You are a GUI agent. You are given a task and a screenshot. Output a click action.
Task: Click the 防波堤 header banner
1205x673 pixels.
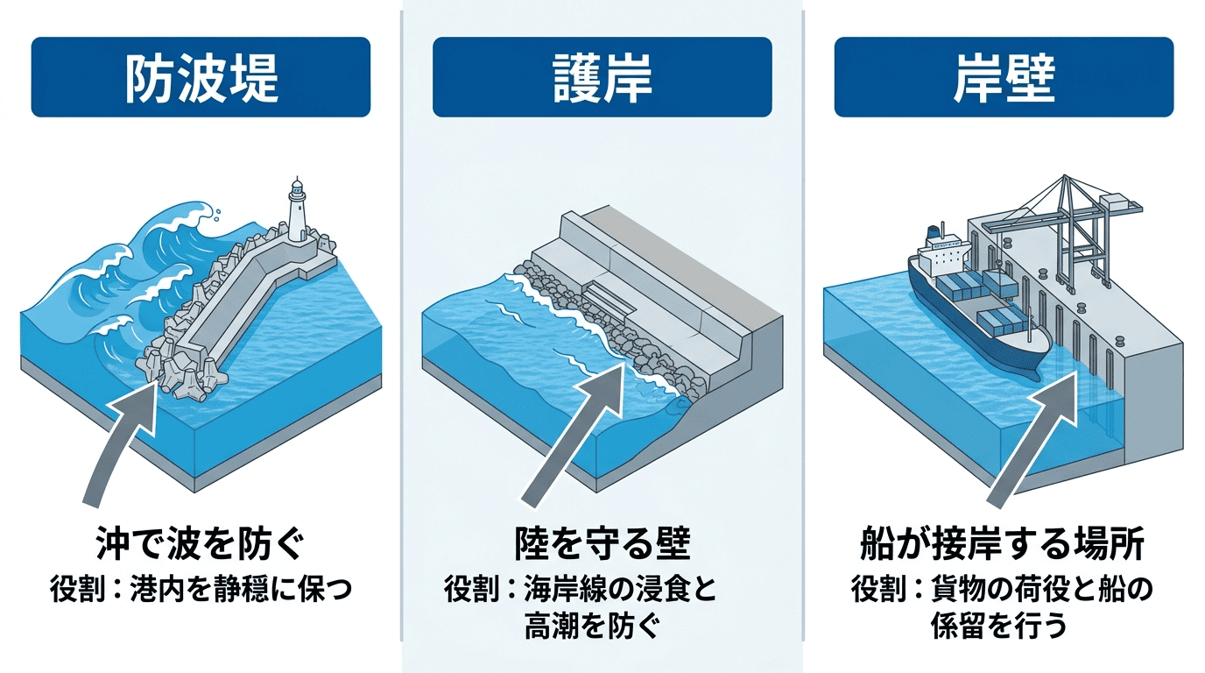201,77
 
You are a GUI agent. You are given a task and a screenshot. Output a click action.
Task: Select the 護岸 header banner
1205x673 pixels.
602,77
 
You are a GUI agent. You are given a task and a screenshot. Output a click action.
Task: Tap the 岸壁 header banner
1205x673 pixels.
1003,77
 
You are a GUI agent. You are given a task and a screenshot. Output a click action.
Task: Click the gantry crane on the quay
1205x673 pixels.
1064,228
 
